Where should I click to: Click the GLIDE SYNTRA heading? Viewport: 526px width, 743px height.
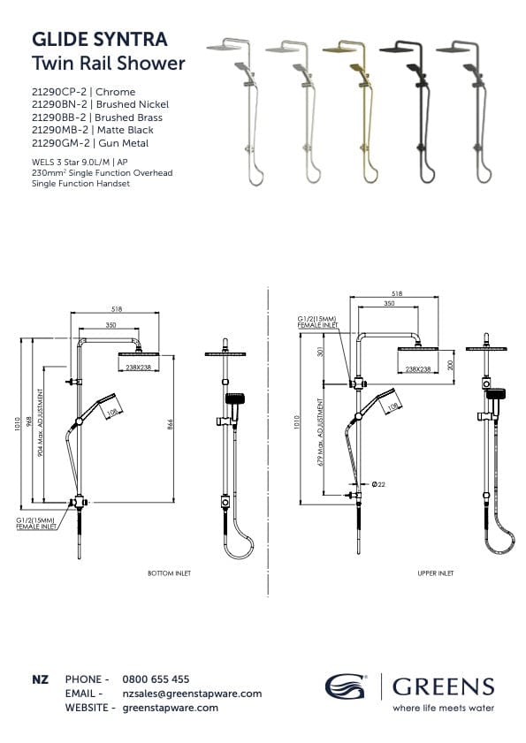pos(99,40)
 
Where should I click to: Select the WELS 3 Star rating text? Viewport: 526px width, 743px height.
pos(59,162)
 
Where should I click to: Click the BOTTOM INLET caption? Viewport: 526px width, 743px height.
pos(169,573)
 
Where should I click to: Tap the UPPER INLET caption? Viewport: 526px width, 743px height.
pos(436,573)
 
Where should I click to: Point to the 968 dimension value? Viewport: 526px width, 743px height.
pos(29,421)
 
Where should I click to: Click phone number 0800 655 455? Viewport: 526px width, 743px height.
pos(156,679)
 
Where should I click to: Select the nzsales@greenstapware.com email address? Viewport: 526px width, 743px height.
pos(192,694)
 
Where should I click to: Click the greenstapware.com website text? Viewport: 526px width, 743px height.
pos(170,708)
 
